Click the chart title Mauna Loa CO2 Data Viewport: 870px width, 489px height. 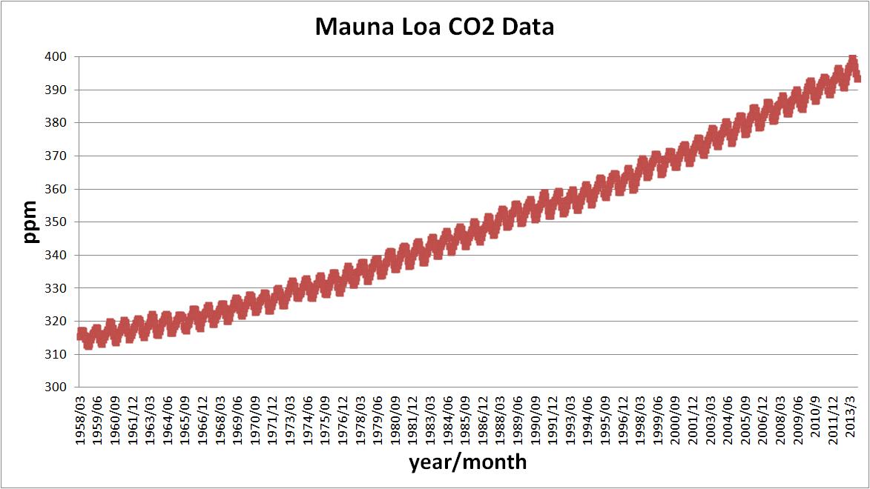(435, 27)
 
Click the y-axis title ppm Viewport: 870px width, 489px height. (30, 222)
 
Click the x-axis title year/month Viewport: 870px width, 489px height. (467, 462)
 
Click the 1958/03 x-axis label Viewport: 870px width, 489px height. (81, 418)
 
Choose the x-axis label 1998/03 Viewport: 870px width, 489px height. (642, 418)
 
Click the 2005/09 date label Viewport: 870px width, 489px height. (747, 418)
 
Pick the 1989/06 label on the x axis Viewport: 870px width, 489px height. (518, 418)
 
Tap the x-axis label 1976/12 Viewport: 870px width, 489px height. (343, 418)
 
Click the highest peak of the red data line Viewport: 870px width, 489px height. (853, 60)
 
